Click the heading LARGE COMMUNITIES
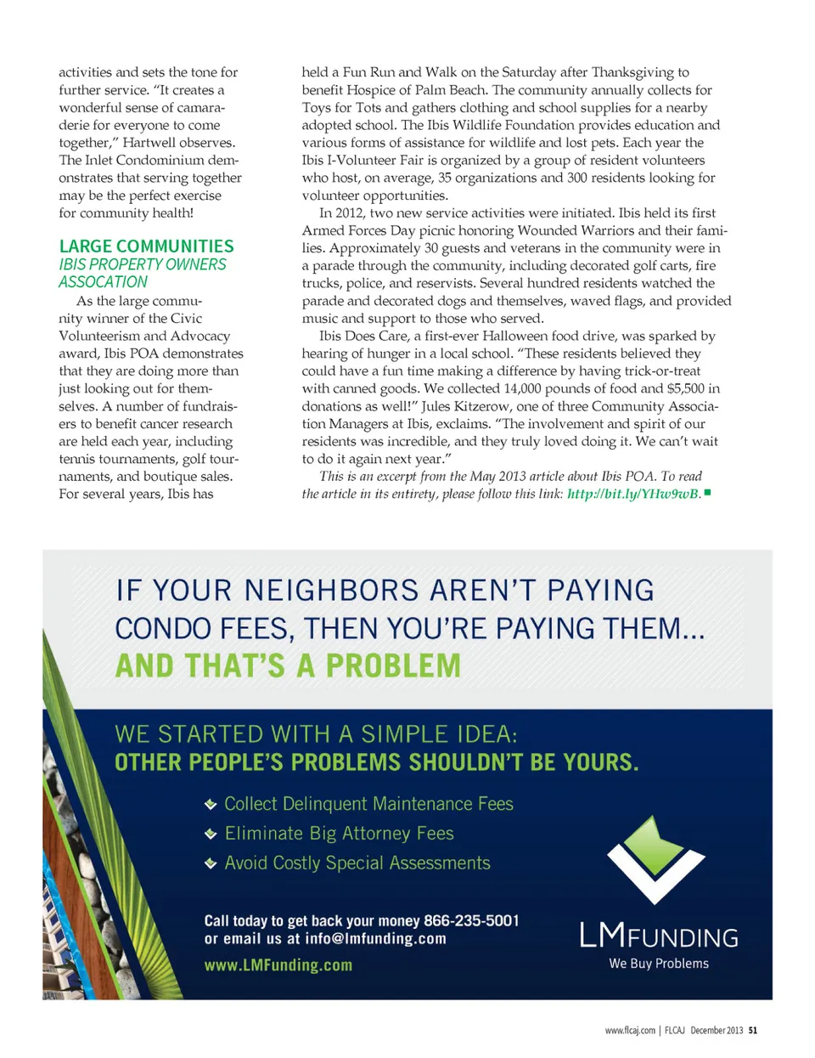point(146,246)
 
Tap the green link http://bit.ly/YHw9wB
point(633,494)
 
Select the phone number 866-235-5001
point(471,920)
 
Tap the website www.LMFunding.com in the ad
point(278,965)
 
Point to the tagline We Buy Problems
point(659,964)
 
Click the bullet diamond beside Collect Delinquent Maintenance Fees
point(211,805)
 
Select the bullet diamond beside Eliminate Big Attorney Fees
point(211,835)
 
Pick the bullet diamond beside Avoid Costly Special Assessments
point(211,864)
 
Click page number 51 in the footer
point(753,1031)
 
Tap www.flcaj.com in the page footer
point(630,1031)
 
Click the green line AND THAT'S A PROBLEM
point(288,666)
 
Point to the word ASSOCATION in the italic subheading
point(103,282)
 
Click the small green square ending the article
point(707,492)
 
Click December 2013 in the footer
point(716,1031)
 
